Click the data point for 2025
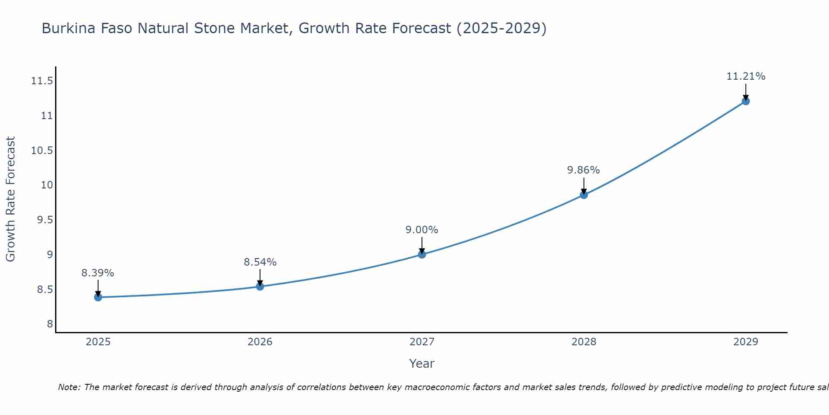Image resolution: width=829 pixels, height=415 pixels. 98,297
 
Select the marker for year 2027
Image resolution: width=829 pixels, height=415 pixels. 422,254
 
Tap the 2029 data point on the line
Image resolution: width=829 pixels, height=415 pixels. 746,101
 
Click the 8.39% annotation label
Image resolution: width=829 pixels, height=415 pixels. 98,273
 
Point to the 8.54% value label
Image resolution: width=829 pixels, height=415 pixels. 260,262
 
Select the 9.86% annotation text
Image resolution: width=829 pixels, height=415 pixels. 584,170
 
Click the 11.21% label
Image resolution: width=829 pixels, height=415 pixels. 746,76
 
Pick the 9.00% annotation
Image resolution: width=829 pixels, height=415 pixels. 422,230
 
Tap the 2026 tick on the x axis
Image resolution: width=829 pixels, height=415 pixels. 260,342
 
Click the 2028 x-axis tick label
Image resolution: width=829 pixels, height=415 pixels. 584,342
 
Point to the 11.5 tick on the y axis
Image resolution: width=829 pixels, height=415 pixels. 42,81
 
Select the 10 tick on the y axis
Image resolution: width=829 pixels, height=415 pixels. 47,185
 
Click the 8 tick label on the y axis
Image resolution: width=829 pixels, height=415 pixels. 50,324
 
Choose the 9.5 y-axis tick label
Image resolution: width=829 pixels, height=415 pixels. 45,220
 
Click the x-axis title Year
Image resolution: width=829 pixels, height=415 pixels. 422,364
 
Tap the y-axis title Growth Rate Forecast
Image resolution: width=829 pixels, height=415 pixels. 10,199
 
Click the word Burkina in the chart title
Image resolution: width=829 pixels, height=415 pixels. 67,29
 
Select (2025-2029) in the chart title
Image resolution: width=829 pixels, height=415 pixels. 502,29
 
